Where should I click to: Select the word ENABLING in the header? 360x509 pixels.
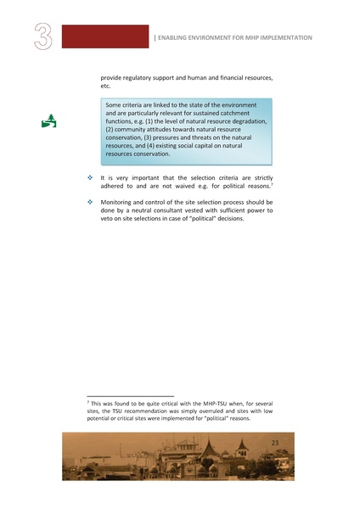[x=177, y=38]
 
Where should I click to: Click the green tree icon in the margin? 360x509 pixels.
[x=49, y=120]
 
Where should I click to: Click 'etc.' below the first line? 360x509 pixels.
[x=106, y=87]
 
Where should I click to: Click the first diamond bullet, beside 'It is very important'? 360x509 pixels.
[x=89, y=177]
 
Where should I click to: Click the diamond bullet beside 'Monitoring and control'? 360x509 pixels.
[x=89, y=202]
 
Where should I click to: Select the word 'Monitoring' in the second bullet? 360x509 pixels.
[x=119, y=202]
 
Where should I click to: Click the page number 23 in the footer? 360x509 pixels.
[x=274, y=443]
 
